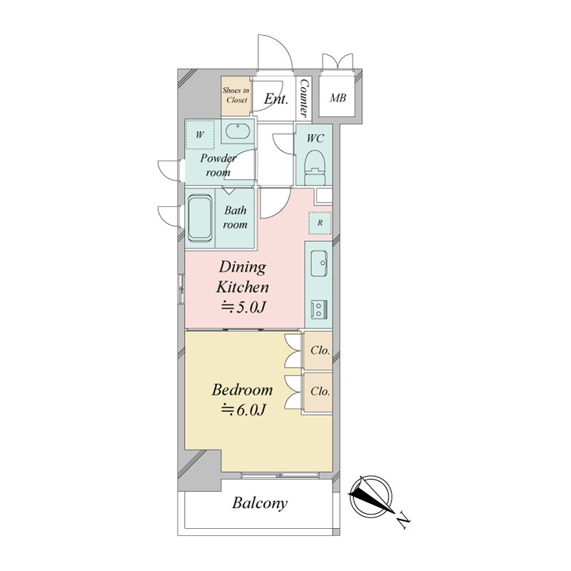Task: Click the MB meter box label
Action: [x=338, y=98]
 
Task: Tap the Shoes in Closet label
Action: [x=236, y=95]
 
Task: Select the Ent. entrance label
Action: [x=276, y=98]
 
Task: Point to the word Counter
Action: [x=303, y=98]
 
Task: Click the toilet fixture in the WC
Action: [x=315, y=168]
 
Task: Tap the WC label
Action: [x=315, y=138]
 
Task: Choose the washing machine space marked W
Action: [x=200, y=135]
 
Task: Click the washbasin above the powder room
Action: [x=238, y=131]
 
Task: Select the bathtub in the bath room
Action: [x=200, y=218]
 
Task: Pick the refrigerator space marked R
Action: [x=320, y=223]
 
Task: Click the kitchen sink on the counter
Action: [x=319, y=263]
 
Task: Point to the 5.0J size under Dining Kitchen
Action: [x=243, y=308]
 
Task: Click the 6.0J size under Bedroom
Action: [x=243, y=410]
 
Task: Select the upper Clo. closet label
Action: [x=320, y=350]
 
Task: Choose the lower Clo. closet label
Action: [x=320, y=391]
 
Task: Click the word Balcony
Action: [x=260, y=504]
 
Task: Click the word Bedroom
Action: [x=242, y=390]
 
